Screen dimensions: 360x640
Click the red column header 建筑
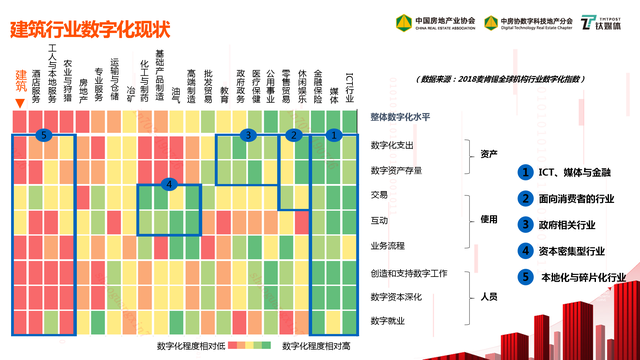[x=21, y=80]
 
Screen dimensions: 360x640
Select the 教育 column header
[x=224, y=95]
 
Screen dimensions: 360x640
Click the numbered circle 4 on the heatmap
[x=170, y=184]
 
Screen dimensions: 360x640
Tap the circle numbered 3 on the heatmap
[x=249, y=134]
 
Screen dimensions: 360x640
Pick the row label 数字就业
[x=387, y=320]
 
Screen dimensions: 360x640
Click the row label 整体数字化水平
[x=399, y=118]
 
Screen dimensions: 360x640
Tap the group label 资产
[x=489, y=155]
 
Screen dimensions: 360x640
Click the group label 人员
[x=489, y=297]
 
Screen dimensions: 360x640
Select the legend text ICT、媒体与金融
[x=577, y=173]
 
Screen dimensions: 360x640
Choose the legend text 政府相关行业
[x=577, y=224]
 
